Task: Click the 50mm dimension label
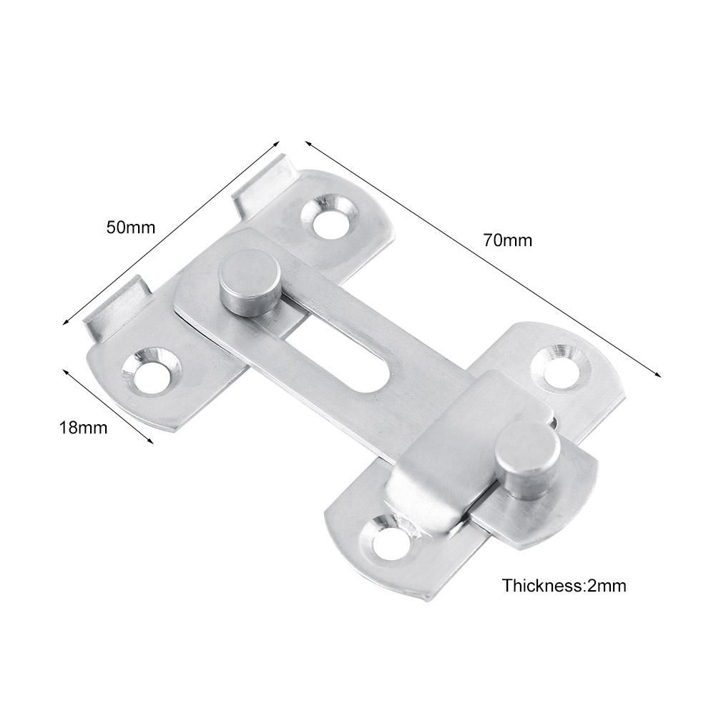click(130, 228)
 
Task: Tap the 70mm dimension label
click(507, 240)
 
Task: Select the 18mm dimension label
click(83, 428)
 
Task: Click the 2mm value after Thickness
click(607, 586)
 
